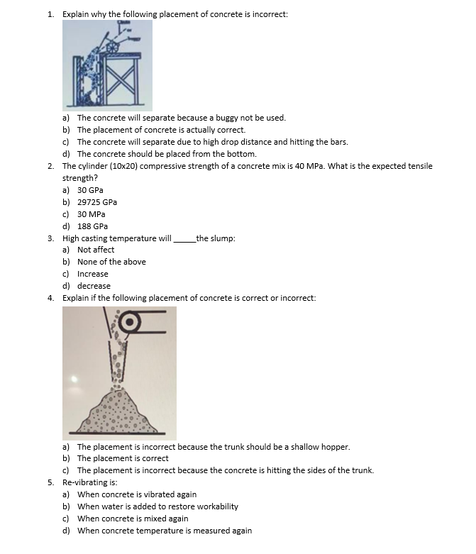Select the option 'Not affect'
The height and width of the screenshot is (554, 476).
(x=96, y=250)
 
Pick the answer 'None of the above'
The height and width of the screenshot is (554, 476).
(x=111, y=262)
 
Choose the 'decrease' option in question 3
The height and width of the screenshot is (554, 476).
(x=94, y=286)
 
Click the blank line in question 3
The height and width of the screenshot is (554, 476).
(x=183, y=240)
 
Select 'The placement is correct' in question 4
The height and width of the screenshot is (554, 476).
(x=123, y=458)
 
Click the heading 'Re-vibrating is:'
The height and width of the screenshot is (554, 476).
(x=87, y=482)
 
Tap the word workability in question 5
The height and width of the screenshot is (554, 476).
(x=217, y=506)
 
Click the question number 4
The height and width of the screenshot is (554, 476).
(x=51, y=298)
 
